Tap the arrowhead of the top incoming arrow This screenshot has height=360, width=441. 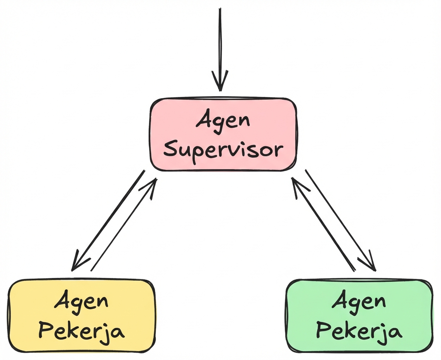coord(220,83)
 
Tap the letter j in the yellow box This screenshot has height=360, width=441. coord(105,334)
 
